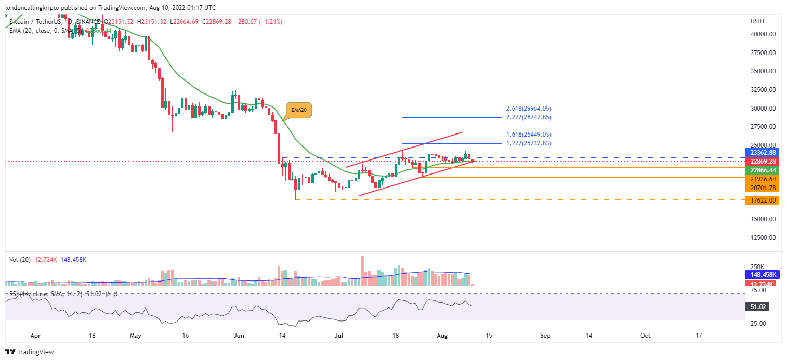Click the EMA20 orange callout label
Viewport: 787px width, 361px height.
point(299,110)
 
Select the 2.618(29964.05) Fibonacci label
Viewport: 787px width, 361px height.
point(528,109)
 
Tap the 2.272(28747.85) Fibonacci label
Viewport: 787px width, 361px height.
point(528,118)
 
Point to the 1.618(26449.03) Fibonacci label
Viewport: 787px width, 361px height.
point(528,135)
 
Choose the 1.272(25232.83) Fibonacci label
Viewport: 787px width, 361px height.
point(528,143)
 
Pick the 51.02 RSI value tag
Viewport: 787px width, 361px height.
point(758,307)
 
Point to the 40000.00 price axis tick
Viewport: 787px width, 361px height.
point(764,34)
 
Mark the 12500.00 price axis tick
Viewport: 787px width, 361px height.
point(764,237)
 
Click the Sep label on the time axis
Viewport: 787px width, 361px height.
point(545,336)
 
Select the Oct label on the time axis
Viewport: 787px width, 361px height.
point(645,336)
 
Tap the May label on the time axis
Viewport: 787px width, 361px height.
point(135,336)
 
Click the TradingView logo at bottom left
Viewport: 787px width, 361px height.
point(30,352)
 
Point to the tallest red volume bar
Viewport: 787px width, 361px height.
point(361,270)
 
